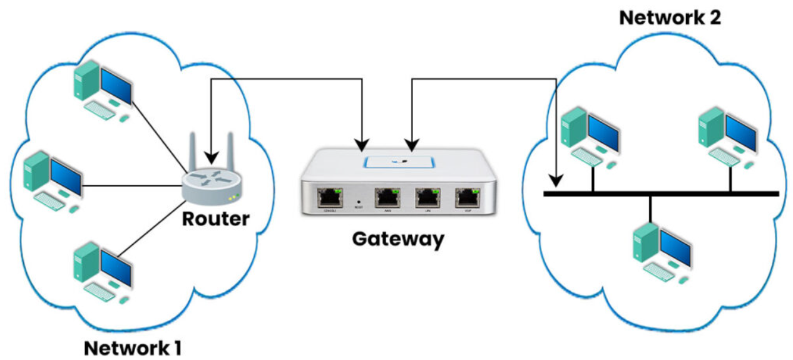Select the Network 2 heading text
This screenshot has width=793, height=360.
pos(670,17)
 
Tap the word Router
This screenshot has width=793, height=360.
pos(215,219)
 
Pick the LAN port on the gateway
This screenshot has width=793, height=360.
pos(427,197)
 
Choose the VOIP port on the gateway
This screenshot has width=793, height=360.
pos(468,197)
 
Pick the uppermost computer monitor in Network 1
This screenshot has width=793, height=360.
pos(116,85)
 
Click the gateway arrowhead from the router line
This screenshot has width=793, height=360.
pos(362,145)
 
